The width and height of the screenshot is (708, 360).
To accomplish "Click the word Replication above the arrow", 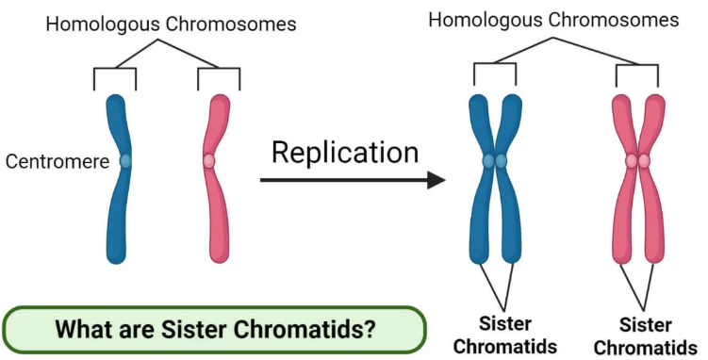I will pos(344,152).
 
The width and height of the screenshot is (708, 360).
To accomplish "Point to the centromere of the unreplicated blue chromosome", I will pos(125,161).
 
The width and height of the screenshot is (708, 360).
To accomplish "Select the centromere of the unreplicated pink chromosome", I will pos(209,161).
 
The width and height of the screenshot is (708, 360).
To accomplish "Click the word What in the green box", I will pos(82,331).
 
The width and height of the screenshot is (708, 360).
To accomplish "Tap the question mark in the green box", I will pos(371,331).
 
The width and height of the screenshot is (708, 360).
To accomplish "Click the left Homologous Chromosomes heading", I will pos(171,24).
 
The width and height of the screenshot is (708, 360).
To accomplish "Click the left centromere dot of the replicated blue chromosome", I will pos(488,161).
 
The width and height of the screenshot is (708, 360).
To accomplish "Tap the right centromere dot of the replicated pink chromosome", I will pos(645,161).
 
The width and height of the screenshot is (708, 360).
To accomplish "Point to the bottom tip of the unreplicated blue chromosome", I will pos(116,255).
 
